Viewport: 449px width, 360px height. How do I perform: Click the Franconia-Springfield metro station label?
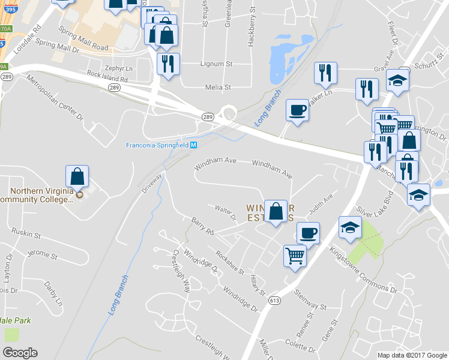click(157, 145)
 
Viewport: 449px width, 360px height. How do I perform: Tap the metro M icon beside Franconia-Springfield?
click(194, 145)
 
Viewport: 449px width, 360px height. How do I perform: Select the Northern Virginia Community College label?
click(36, 196)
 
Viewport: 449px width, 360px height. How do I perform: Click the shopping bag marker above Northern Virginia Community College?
click(77, 176)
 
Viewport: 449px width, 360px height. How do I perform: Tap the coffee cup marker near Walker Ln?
click(298, 110)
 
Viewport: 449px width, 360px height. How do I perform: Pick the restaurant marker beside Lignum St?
click(167, 64)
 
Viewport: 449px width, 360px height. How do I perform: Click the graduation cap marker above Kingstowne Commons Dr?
click(351, 227)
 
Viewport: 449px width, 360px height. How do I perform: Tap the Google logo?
click(20, 352)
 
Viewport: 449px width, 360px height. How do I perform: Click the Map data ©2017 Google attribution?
click(412, 355)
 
